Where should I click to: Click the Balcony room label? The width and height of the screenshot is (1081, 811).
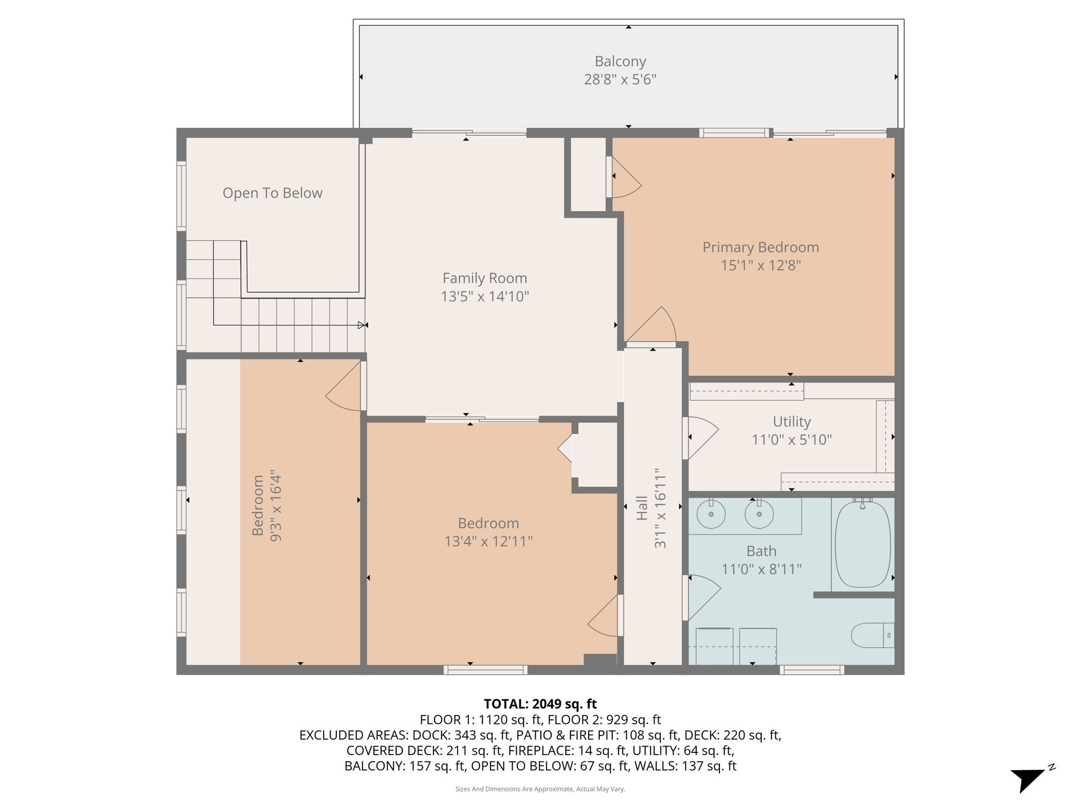(x=620, y=61)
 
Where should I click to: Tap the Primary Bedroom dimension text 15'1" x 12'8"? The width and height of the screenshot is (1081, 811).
(x=761, y=265)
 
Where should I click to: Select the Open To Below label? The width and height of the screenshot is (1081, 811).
(x=272, y=193)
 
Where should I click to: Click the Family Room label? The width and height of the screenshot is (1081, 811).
(x=485, y=278)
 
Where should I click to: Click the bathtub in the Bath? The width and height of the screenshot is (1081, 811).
(x=862, y=544)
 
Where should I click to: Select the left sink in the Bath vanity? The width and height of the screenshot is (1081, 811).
(x=711, y=513)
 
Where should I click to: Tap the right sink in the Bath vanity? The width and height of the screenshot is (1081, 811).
(x=759, y=513)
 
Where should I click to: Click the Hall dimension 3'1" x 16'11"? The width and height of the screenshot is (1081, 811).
(x=660, y=508)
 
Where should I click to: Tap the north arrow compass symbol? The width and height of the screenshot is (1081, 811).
(x=1029, y=778)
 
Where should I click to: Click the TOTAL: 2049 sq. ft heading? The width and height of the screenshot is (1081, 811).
(x=540, y=704)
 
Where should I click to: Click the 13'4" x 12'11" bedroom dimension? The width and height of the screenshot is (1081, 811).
(x=488, y=541)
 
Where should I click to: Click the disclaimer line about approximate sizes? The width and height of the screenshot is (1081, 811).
(x=540, y=789)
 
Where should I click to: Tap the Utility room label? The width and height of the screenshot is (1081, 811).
(x=791, y=421)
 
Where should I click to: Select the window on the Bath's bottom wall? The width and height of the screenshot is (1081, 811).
(x=812, y=670)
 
